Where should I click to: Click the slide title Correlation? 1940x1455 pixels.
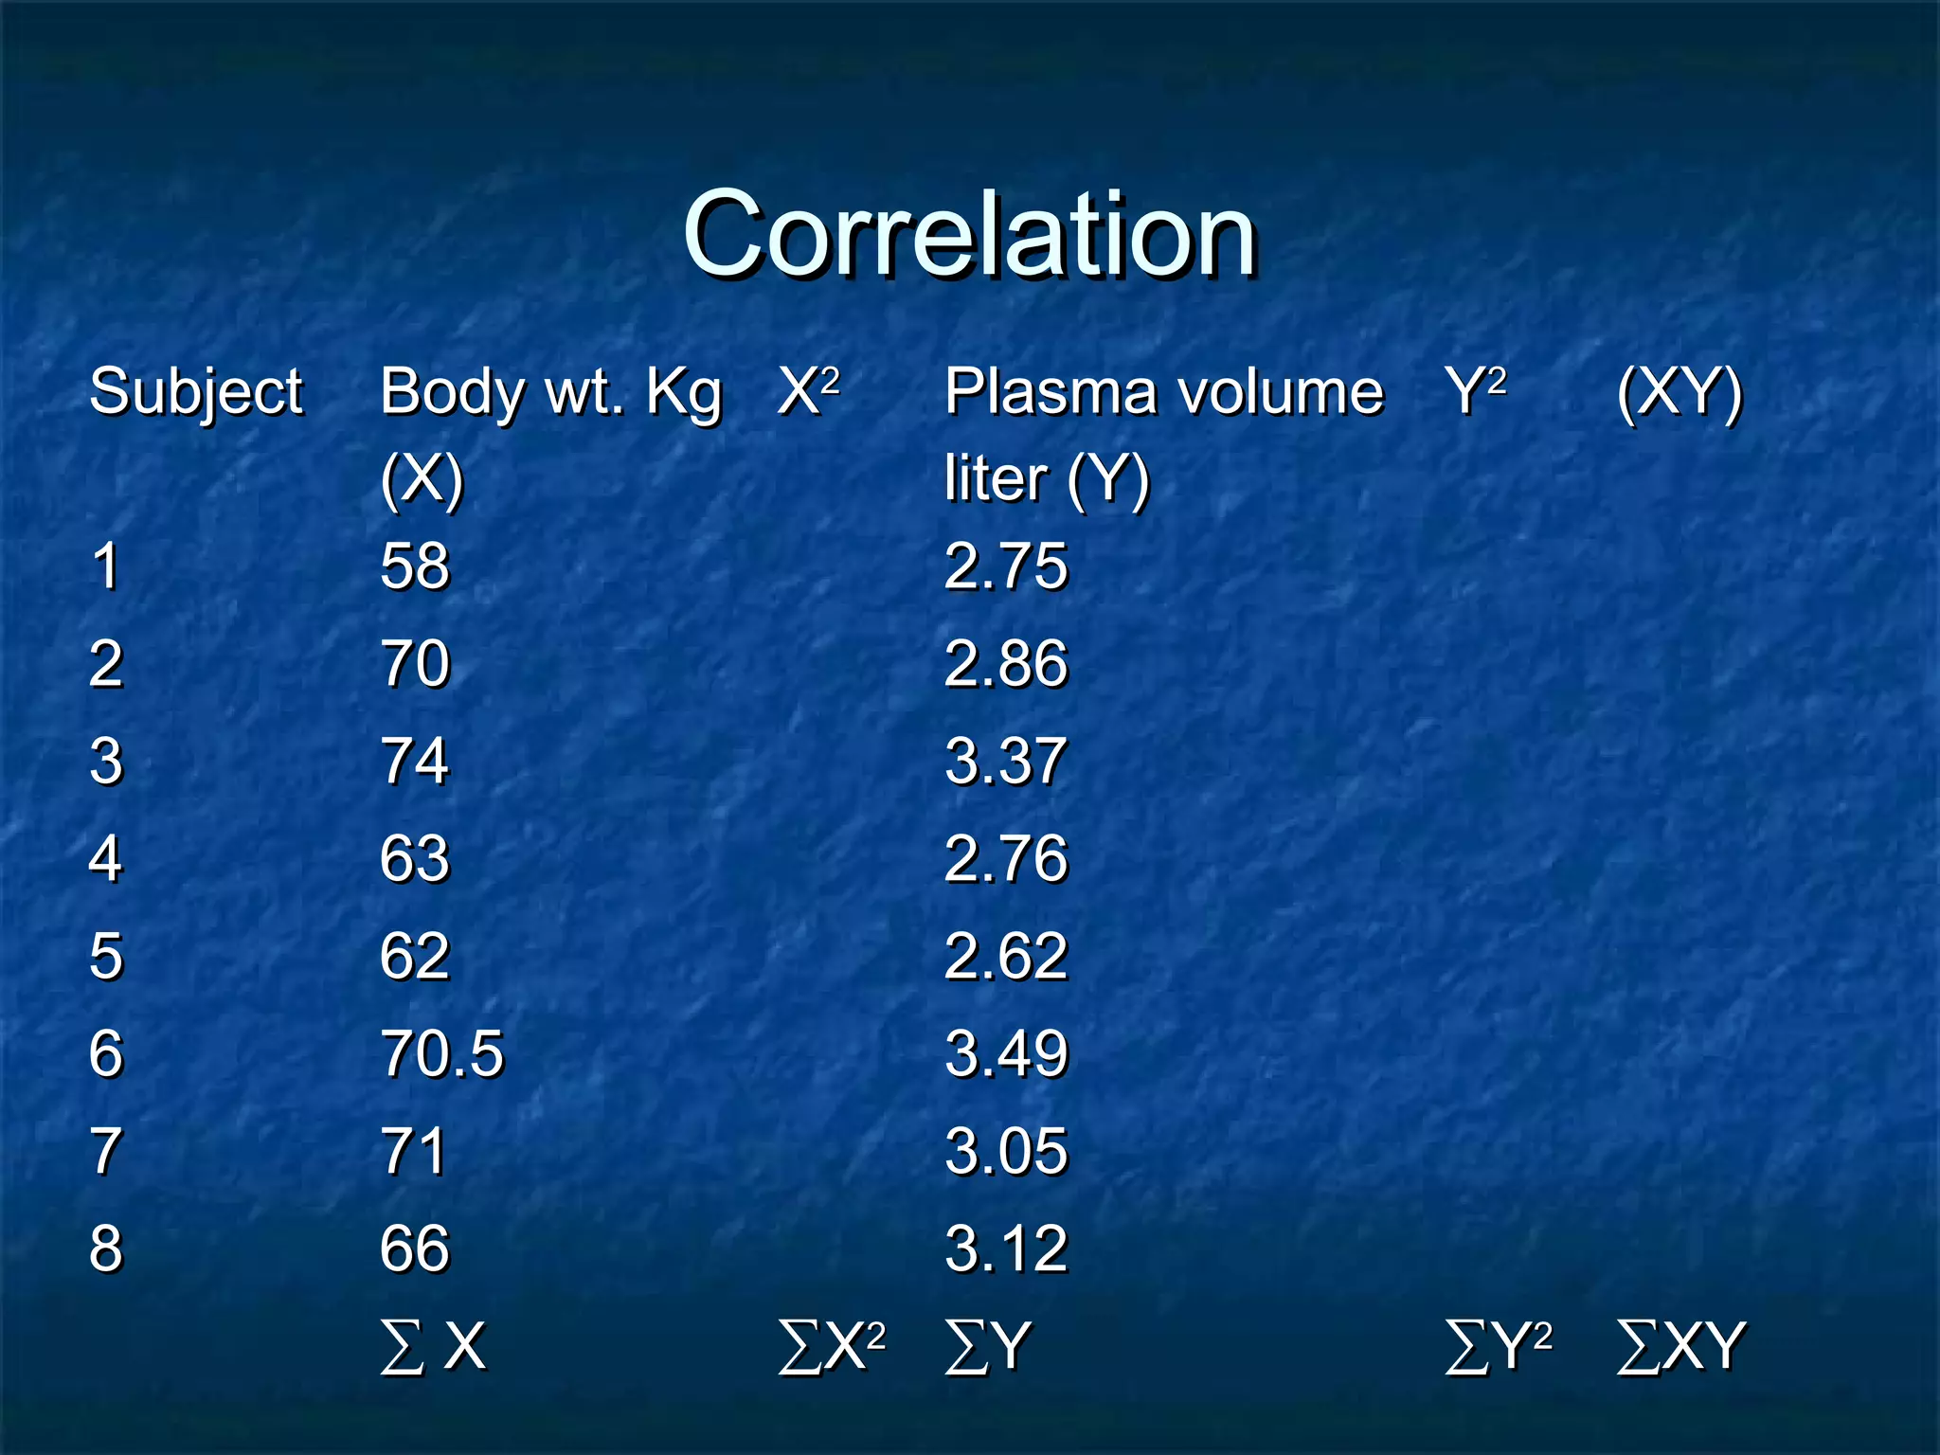pyautogui.click(x=969, y=235)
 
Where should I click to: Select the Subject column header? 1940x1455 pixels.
pyautogui.click(x=196, y=392)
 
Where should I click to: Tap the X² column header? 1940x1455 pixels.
pyautogui.click(x=808, y=390)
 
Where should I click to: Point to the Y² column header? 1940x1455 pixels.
pyautogui.click(x=1475, y=390)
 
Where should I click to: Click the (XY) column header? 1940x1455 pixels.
pyautogui.click(x=1680, y=392)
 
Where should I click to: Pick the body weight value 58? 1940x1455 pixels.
pyautogui.click(x=415, y=566)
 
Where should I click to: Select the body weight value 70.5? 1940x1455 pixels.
pyautogui.click(x=441, y=1053)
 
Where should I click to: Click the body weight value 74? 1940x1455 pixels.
pyautogui.click(x=415, y=762)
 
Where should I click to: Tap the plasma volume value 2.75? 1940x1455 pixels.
pyautogui.click(x=1006, y=566)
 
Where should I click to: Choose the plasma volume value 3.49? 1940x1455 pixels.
pyautogui.click(x=1006, y=1053)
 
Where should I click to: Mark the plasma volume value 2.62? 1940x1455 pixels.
pyautogui.click(x=1006, y=956)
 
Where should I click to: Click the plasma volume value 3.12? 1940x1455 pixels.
pyautogui.click(x=1006, y=1248)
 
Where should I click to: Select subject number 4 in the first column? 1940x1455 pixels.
pyautogui.click(x=105, y=859)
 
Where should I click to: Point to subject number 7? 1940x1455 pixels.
pyautogui.click(x=105, y=1151)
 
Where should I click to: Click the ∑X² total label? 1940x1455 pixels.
pyautogui.click(x=832, y=1345)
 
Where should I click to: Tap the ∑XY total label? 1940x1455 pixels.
pyautogui.click(x=1680, y=1345)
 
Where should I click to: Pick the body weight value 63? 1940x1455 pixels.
pyautogui.click(x=415, y=859)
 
